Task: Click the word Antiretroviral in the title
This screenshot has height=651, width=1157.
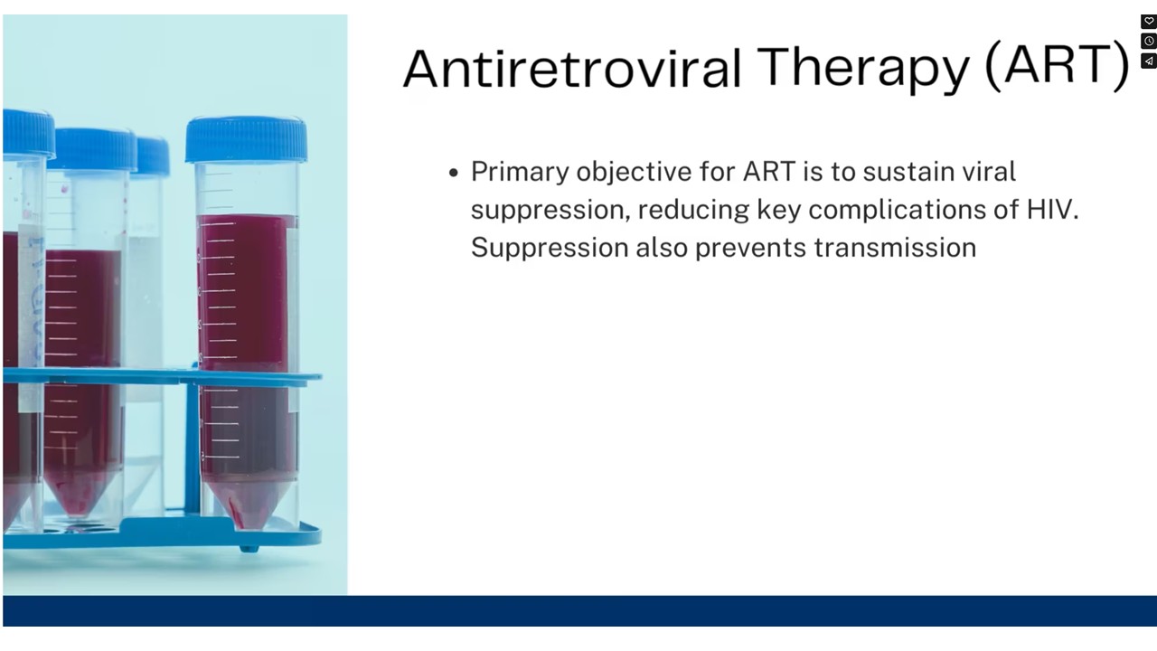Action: [572, 68]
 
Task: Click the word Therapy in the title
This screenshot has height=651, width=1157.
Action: [862, 68]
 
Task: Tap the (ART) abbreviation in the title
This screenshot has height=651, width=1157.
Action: [1057, 66]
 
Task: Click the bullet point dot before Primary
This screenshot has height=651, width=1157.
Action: [454, 173]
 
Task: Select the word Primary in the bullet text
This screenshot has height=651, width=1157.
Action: [520, 173]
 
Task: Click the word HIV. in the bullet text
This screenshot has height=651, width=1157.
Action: [1052, 210]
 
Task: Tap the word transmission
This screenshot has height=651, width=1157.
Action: [895, 248]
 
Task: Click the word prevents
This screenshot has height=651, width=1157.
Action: [750, 249]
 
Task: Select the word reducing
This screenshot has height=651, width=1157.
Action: [693, 211]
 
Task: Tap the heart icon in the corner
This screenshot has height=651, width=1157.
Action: [1149, 22]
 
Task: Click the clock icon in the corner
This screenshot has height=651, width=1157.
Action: [1149, 42]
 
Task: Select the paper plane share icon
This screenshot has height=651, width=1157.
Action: [1149, 61]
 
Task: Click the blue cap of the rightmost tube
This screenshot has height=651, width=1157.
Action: [247, 138]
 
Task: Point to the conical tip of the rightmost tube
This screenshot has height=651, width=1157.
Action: [248, 509]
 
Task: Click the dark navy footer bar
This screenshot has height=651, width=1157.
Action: [579, 610]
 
